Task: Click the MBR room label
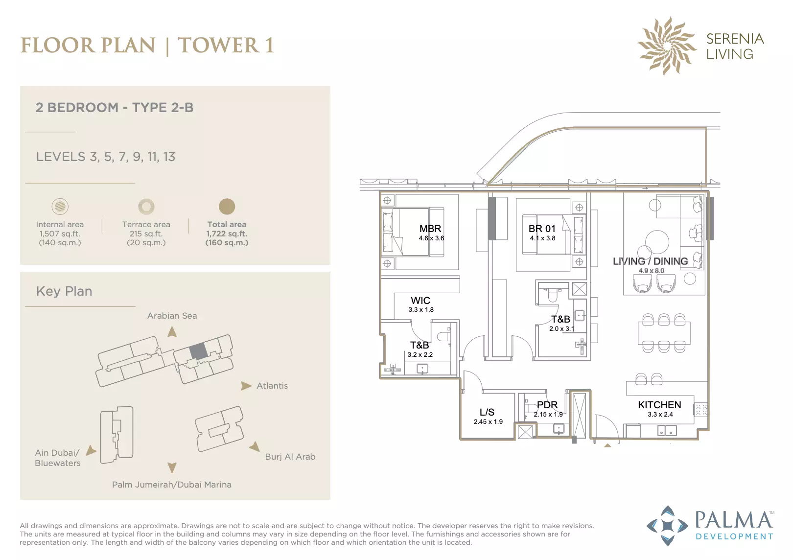coord(430,229)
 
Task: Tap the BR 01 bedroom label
coord(542,229)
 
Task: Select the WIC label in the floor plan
coord(420,301)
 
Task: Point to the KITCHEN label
coord(659,405)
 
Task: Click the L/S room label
coord(487,412)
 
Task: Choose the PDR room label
coord(547,405)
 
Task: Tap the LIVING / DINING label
coord(651,261)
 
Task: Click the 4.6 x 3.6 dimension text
coord(431,238)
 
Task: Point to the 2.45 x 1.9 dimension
coord(488,421)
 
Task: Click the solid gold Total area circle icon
coord(227,207)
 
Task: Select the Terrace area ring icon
coord(146,207)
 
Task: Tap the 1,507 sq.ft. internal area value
coord(60,233)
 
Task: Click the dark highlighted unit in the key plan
coord(198,351)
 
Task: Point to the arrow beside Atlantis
coord(246,385)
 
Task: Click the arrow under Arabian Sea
coord(172,332)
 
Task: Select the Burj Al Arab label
coord(290,457)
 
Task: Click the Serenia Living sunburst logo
coord(667,46)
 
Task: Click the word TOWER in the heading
coord(218,46)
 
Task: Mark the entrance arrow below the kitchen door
coord(607,445)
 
